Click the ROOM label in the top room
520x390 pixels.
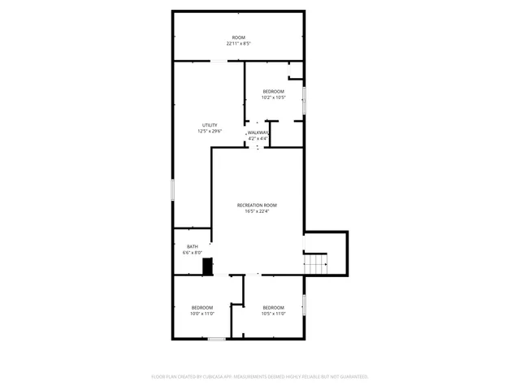238,37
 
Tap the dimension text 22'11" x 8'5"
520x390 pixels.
238,43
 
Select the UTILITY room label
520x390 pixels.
210,125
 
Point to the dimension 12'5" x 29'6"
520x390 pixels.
210,131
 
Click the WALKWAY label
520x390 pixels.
258,132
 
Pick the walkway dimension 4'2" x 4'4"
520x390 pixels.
258,138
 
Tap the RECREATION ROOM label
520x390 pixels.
258,205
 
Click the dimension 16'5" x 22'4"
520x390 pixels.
258,211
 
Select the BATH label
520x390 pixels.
193,247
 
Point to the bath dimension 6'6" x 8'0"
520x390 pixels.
193,253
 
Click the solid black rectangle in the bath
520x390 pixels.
208,266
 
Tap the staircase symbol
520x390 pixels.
315,263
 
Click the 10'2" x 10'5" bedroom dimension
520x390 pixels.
273,97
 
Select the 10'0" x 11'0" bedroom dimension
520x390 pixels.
202,313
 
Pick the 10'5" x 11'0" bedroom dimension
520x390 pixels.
273,313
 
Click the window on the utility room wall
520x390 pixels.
172,188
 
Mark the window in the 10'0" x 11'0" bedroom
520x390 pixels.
216,338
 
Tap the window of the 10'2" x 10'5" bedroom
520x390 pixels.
305,101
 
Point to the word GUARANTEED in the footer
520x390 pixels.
353,377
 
